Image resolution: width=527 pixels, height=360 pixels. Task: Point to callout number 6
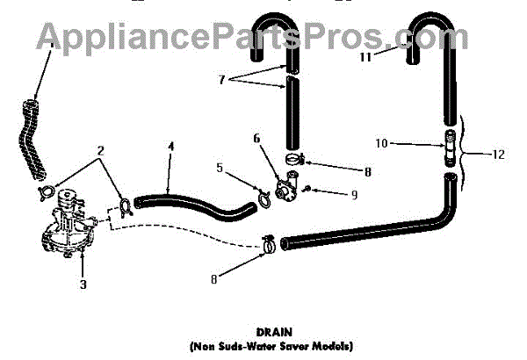coord(257,138)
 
